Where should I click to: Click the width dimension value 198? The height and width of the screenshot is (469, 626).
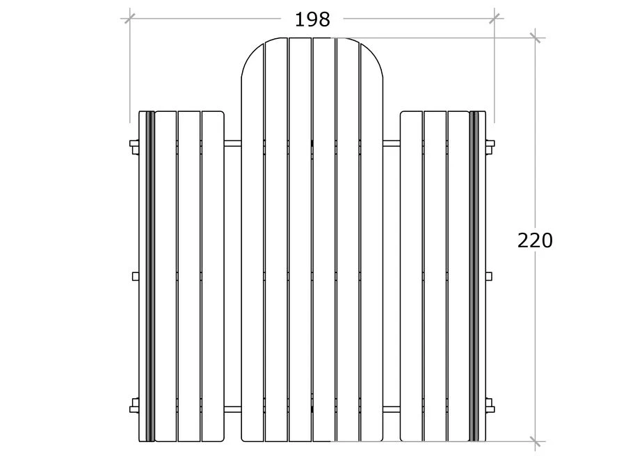coord(312,19)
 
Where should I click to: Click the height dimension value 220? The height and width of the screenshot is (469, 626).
coord(535,240)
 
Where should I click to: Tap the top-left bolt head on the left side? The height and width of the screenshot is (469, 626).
coord(134,146)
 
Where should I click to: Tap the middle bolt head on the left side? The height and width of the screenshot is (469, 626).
coord(136,276)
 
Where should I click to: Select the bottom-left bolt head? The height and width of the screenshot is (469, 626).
coord(134,406)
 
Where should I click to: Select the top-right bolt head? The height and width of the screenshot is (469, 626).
coord(490,146)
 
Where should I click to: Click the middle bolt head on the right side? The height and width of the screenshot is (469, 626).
coord(489,276)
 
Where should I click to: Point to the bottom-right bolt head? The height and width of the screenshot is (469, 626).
coord(490,406)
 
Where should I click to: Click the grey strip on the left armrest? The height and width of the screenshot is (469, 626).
coord(150,276)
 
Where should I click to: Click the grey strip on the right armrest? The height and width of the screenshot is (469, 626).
coord(474,276)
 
